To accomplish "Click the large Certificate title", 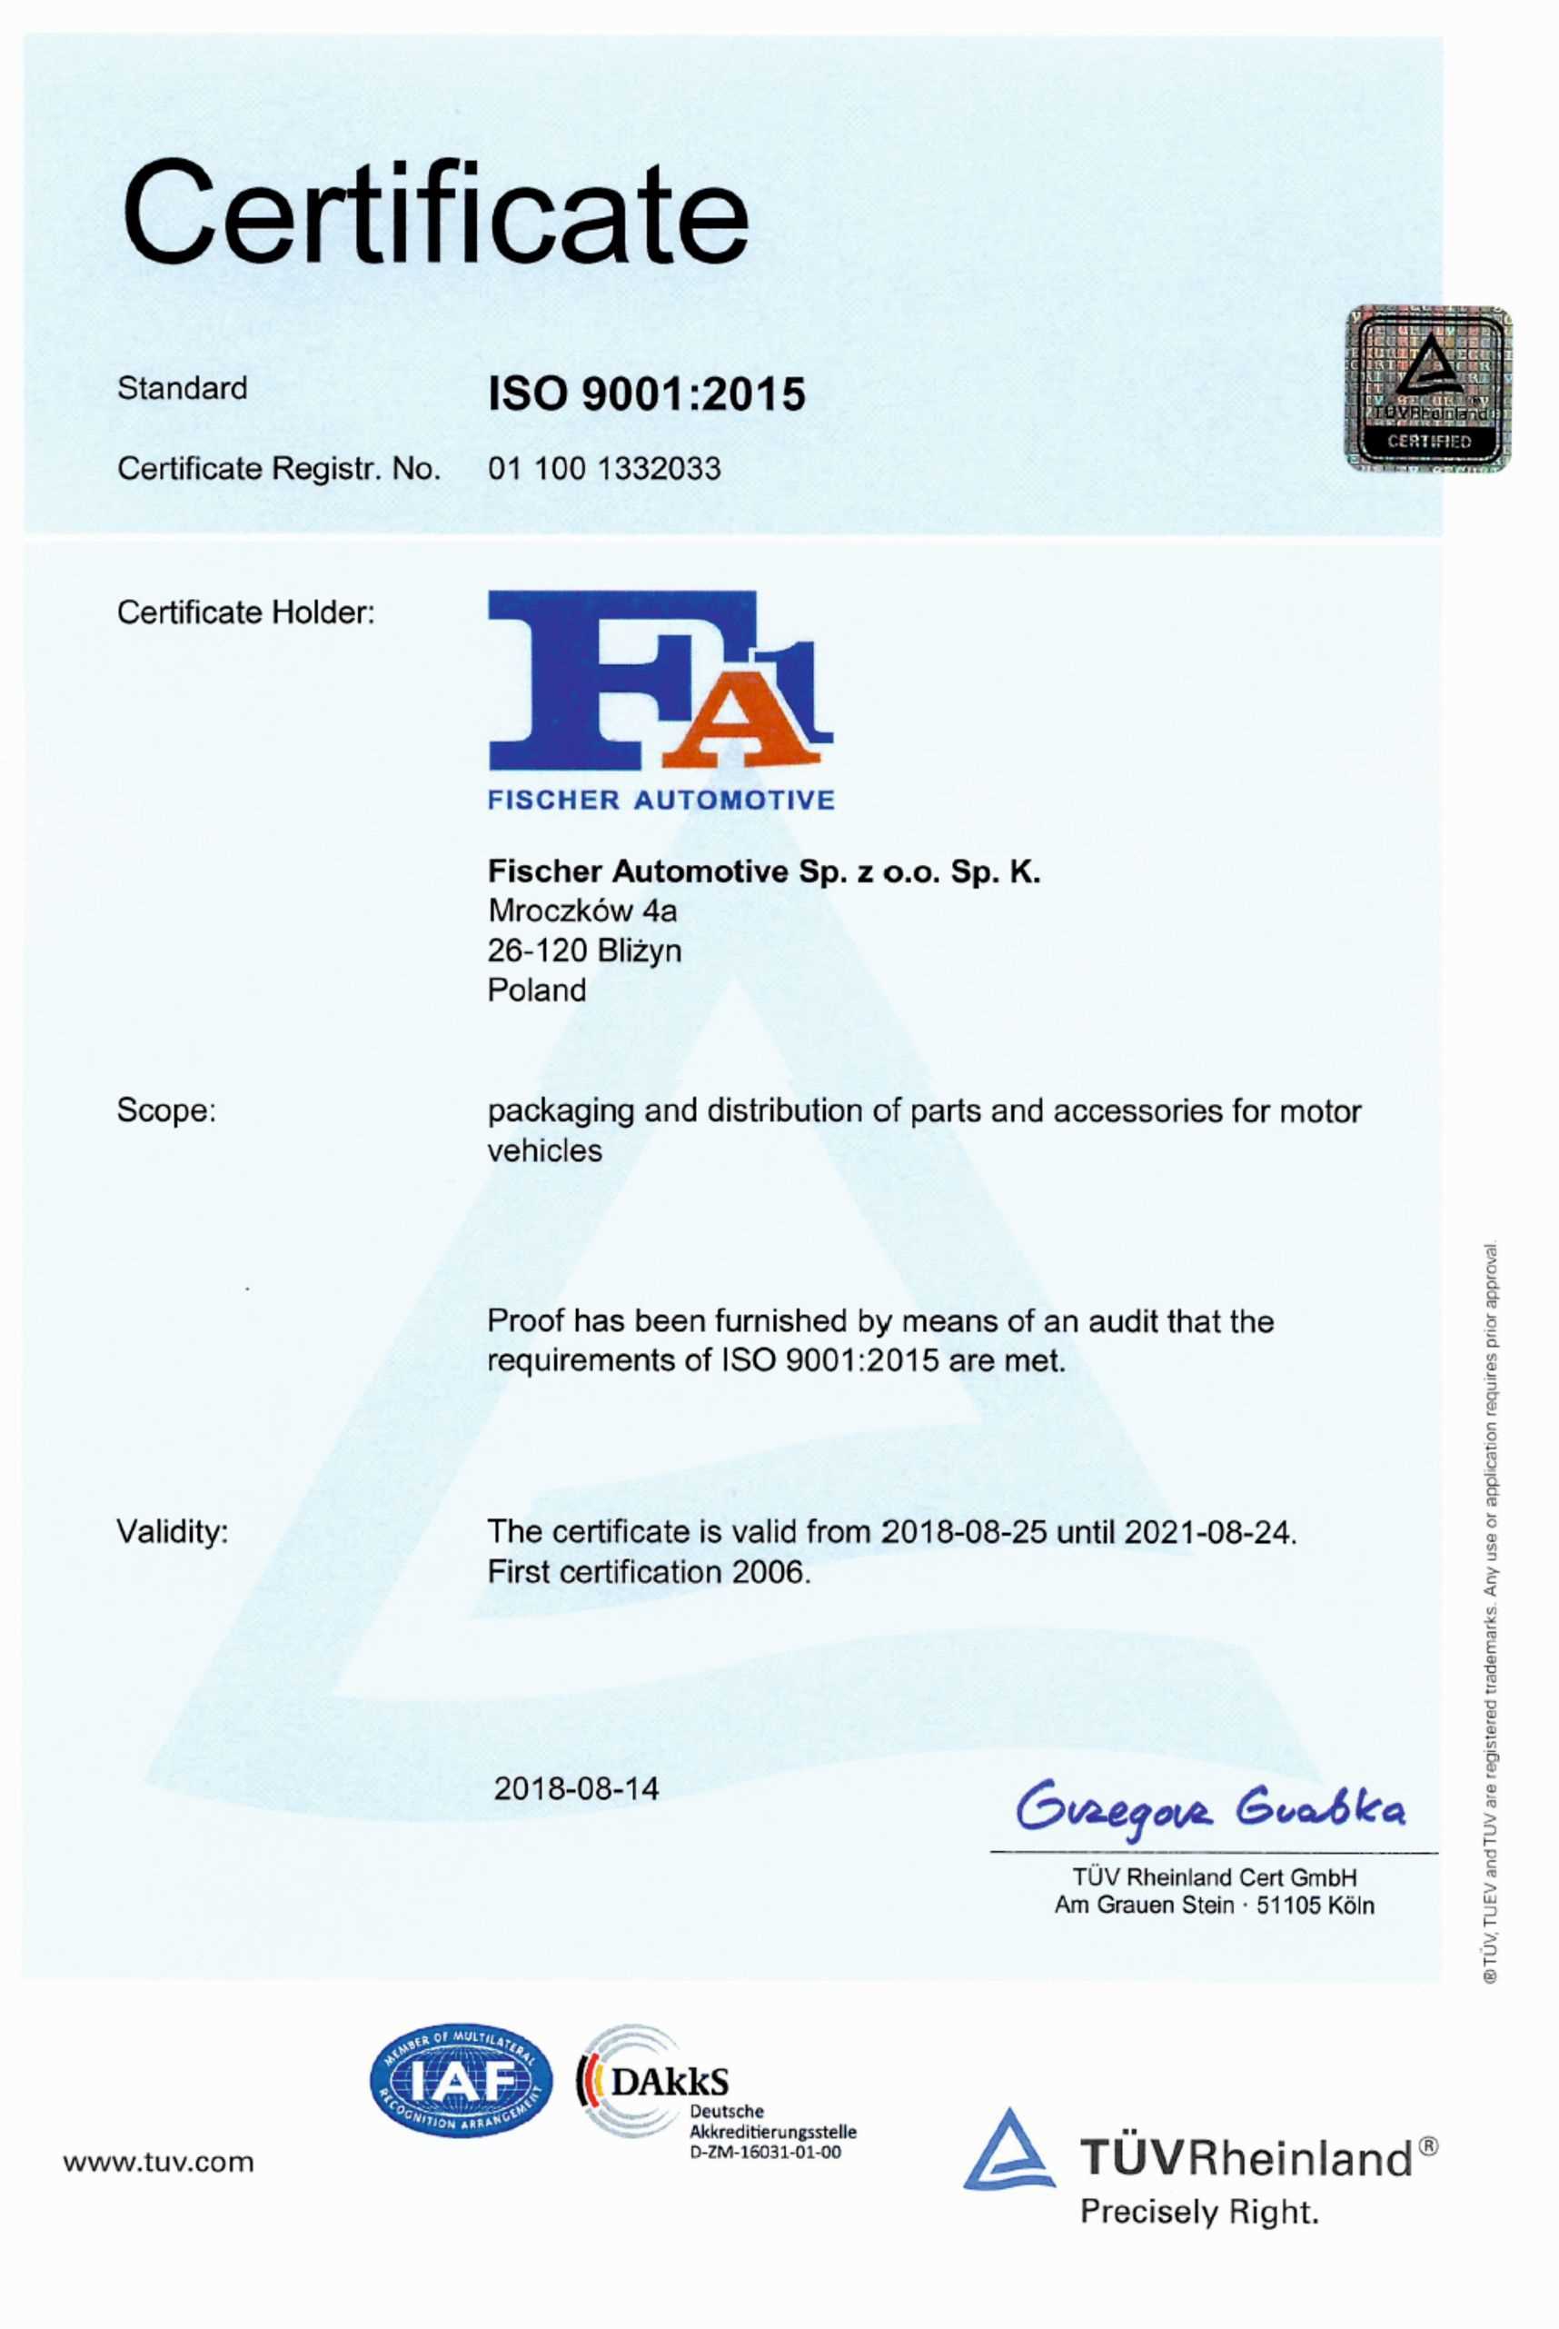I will (434, 214).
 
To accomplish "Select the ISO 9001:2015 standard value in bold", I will (646, 394).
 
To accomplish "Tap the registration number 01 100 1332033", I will (603, 468).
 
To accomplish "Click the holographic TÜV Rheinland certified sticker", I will (1428, 389).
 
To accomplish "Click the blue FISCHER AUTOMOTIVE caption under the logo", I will (661, 801).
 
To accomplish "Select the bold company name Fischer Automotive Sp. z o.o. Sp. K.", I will (763, 872).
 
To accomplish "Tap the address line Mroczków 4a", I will (581, 911).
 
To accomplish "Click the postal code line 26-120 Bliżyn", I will (583, 951).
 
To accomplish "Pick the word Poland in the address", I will (537, 990).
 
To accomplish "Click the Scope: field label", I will (166, 1110).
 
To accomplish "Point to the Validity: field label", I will (172, 1531).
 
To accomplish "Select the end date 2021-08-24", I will (1209, 1531).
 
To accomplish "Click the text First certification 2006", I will (649, 1572).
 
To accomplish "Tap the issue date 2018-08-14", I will (577, 1789).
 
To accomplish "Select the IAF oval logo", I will (461, 2083).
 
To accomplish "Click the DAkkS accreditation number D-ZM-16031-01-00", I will (766, 2153).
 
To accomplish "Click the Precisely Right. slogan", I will (1199, 2212).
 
